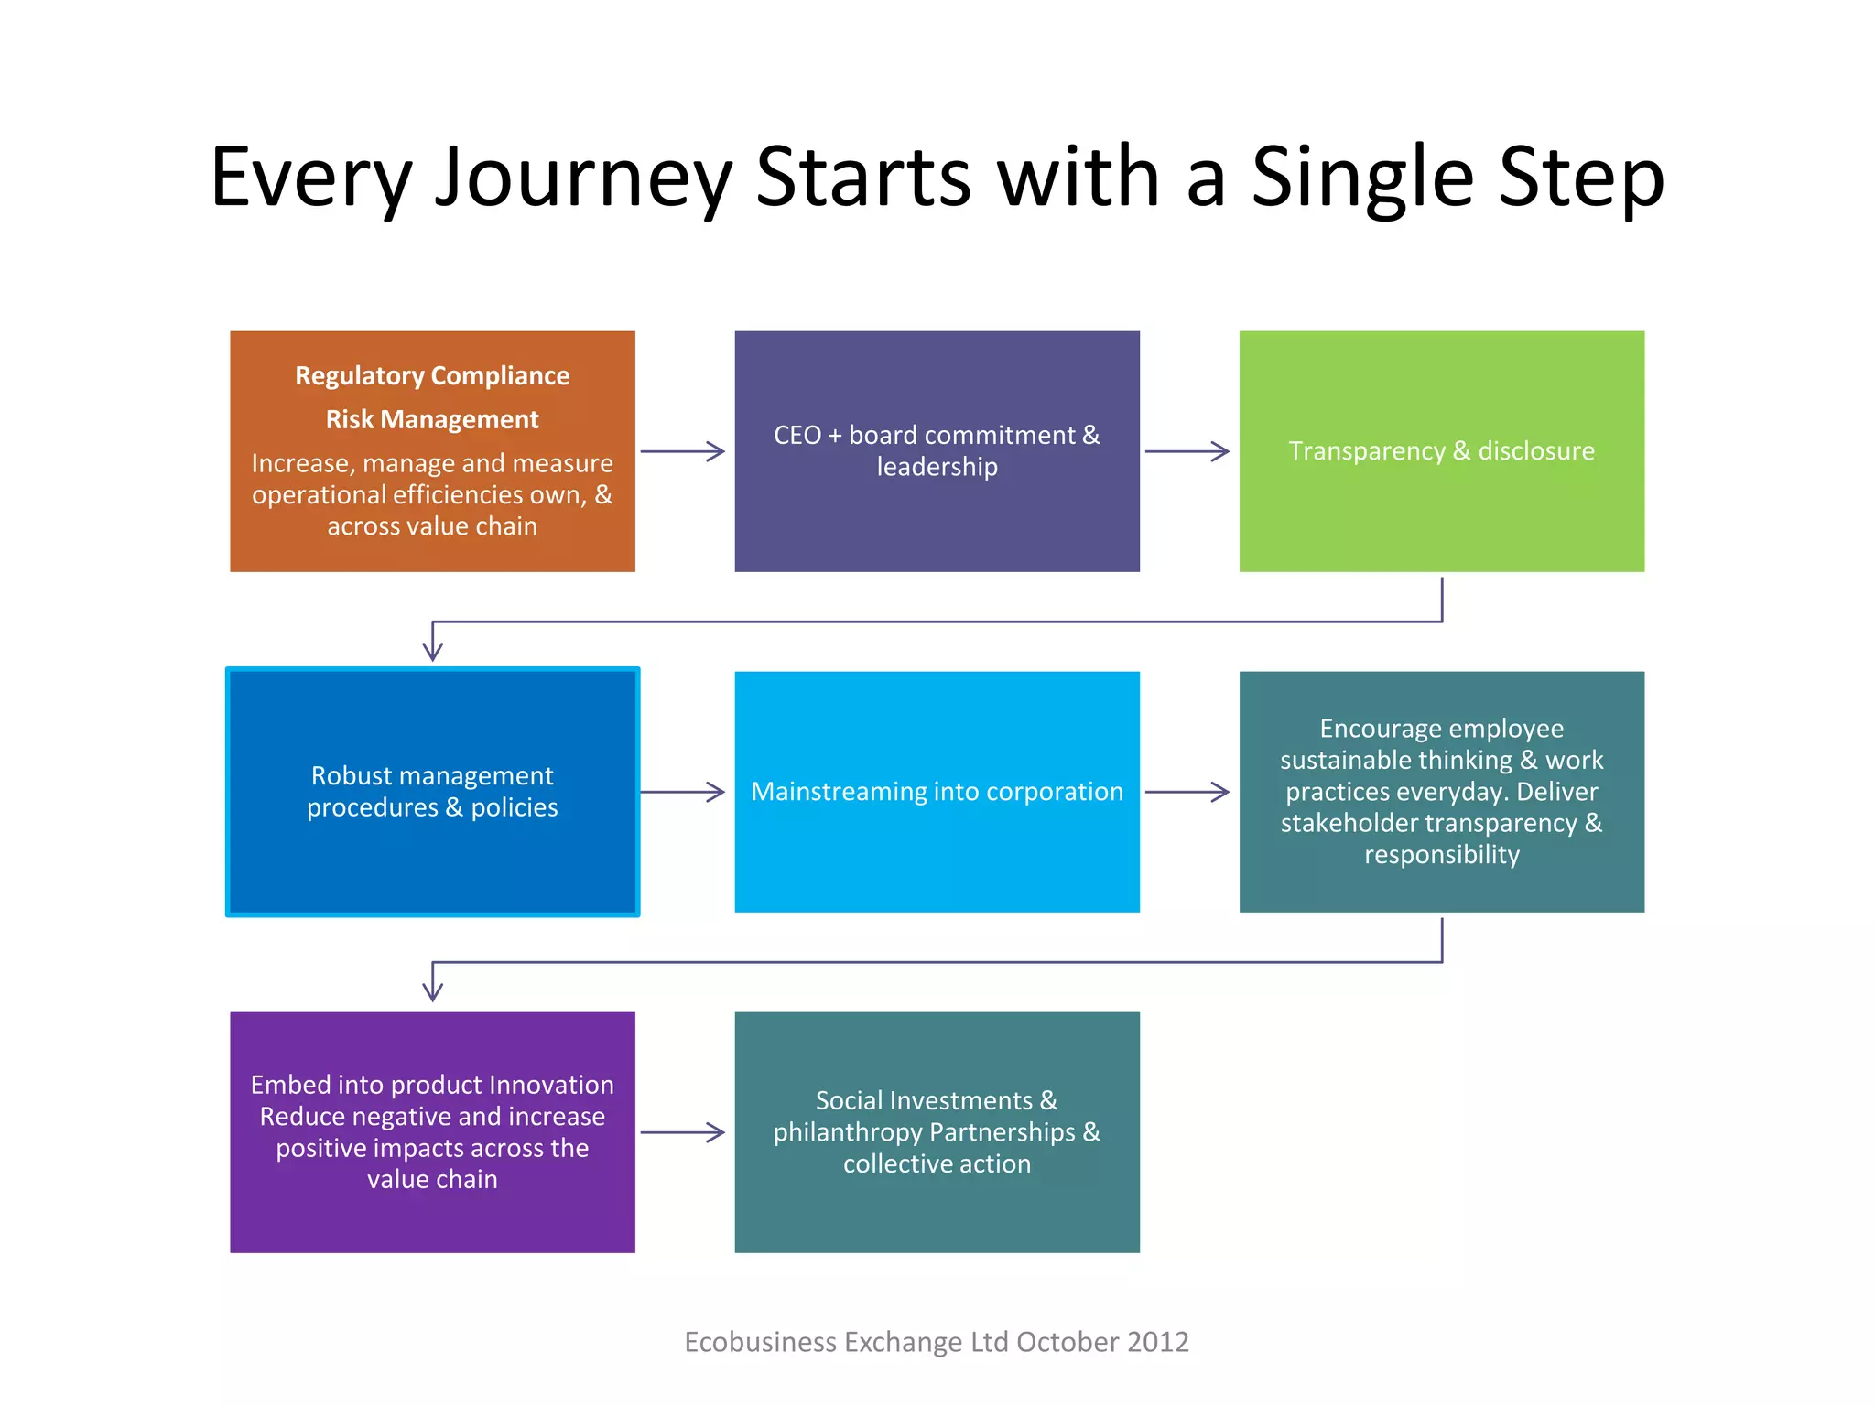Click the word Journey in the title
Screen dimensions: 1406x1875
[x=583, y=178]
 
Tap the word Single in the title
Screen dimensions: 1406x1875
[x=1362, y=178]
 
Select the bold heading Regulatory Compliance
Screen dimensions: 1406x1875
[x=432, y=376]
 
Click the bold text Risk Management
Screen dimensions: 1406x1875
[x=432, y=420]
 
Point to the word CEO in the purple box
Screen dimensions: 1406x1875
[x=797, y=436]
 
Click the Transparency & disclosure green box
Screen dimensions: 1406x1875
[x=1441, y=451]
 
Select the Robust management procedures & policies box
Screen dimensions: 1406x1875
[x=432, y=792]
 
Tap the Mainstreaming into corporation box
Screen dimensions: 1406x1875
[x=937, y=792]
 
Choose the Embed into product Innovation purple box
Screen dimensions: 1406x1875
[x=432, y=1132]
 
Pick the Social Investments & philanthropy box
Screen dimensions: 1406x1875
[x=937, y=1132]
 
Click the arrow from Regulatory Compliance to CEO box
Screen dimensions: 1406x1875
[x=683, y=451]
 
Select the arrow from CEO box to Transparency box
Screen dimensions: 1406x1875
[x=1187, y=451]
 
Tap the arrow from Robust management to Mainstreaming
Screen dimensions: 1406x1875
[x=683, y=792]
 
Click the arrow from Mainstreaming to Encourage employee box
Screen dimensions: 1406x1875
[x=1187, y=792]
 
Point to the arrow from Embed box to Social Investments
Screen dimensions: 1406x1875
[x=683, y=1132]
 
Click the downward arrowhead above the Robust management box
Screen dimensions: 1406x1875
[x=432, y=649]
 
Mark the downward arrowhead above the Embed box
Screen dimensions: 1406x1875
[x=432, y=990]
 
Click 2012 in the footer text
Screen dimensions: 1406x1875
[x=1158, y=1342]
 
